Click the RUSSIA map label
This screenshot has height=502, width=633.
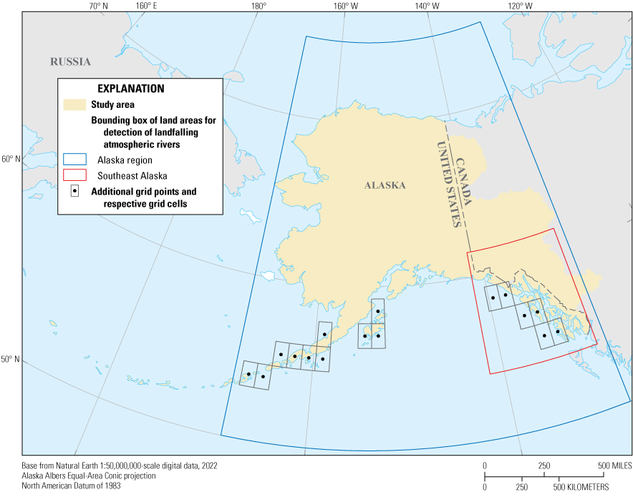[x=70, y=61]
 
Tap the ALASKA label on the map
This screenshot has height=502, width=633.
[x=385, y=185]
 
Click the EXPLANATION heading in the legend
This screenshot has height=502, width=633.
[x=131, y=89]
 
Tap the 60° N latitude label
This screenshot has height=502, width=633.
[x=11, y=159]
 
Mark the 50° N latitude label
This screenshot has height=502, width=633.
[x=11, y=360]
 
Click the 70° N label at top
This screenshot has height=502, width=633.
[x=98, y=6]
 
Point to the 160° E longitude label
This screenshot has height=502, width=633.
[x=145, y=6]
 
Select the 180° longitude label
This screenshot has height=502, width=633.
[x=258, y=6]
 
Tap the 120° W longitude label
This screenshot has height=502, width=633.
[x=521, y=6]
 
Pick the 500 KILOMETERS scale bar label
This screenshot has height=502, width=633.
[x=583, y=487]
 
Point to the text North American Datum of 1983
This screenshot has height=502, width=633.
[x=71, y=486]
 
